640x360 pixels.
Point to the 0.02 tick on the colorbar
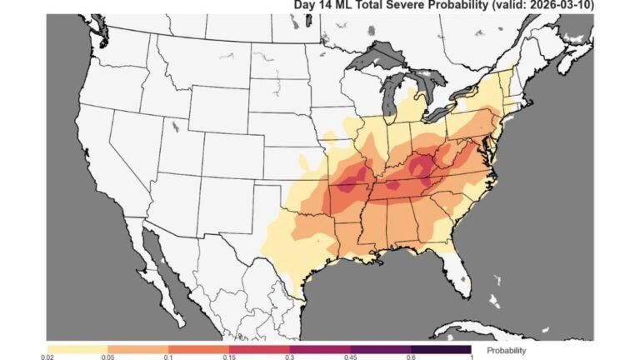[47, 356]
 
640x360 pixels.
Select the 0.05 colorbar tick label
[107, 356]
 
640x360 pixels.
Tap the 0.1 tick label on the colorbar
[168, 356]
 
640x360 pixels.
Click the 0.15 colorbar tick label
[229, 356]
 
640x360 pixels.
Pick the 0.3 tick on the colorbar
[290, 356]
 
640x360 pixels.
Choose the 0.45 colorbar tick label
[351, 356]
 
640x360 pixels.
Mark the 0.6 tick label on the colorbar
[411, 356]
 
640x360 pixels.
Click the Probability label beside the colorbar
[507, 350]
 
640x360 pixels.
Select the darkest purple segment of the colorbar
[441, 347]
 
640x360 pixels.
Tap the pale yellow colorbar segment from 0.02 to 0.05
[77, 347]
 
